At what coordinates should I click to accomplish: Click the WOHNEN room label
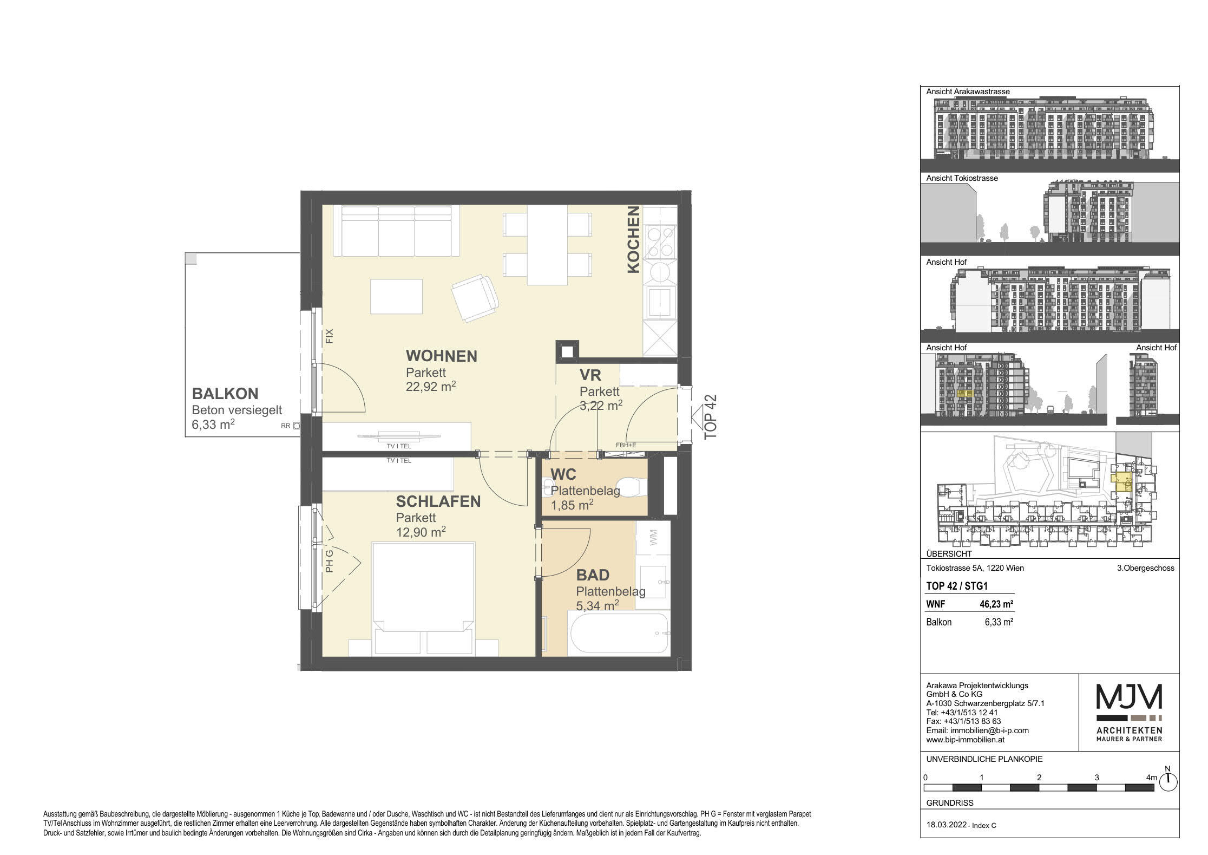pyautogui.click(x=441, y=356)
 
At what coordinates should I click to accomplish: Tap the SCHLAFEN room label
pyautogui.click(x=438, y=501)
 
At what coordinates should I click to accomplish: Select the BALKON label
pyautogui.click(x=225, y=394)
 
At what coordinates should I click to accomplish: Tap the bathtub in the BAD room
pyautogui.click(x=619, y=632)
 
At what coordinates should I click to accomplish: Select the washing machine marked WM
pyautogui.click(x=653, y=538)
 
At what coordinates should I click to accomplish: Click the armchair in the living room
pyautogui.click(x=475, y=298)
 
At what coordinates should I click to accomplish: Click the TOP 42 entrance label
pyautogui.click(x=710, y=416)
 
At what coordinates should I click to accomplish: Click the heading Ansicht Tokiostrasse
pyautogui.click(x=962, y=178)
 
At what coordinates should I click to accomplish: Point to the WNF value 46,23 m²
pyautogui.click(x=996, y=604)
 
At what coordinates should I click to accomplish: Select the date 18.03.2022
pyautogui.click(x=947, y=825)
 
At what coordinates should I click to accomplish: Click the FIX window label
pyautogui.click(x=330, y=336)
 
